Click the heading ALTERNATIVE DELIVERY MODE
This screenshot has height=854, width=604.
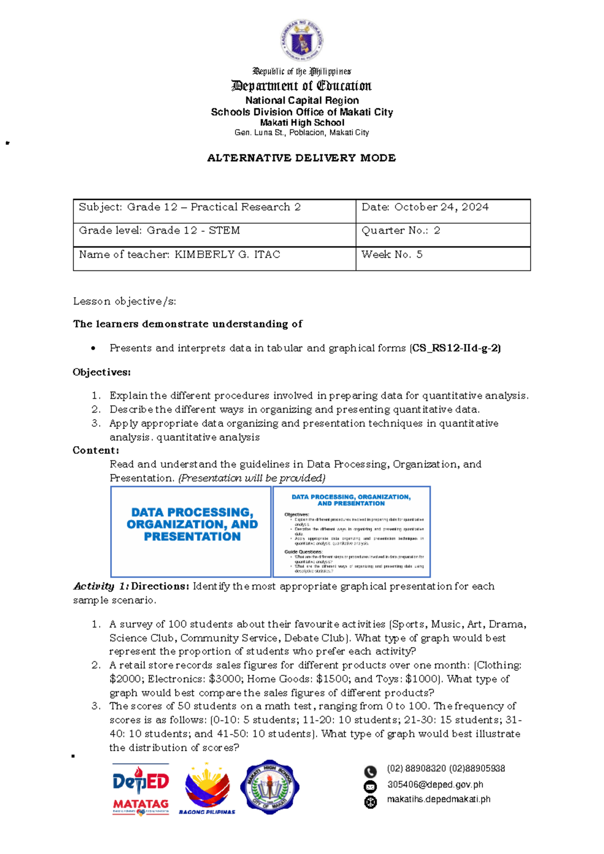[x=301, y=158]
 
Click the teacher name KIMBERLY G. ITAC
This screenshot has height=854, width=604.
[x=227, y=255]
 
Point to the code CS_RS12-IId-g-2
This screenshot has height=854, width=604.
[x=456, y=348]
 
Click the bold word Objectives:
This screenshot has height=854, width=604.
[x=102, y=373]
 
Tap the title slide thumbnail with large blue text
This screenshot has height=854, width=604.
[x=191, y=531]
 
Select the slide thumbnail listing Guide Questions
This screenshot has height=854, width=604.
[x=351, y=531]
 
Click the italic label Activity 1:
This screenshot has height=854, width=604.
[x=101, y=587]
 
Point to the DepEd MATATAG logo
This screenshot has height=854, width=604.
[x=140, y=788]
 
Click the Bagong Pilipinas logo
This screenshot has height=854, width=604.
[x=207, y=788]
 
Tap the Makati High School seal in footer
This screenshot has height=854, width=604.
[x=270, y=787]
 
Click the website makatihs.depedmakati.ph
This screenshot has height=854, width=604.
[x=438, y=800]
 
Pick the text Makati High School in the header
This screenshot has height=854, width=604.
[x=302, y=123]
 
